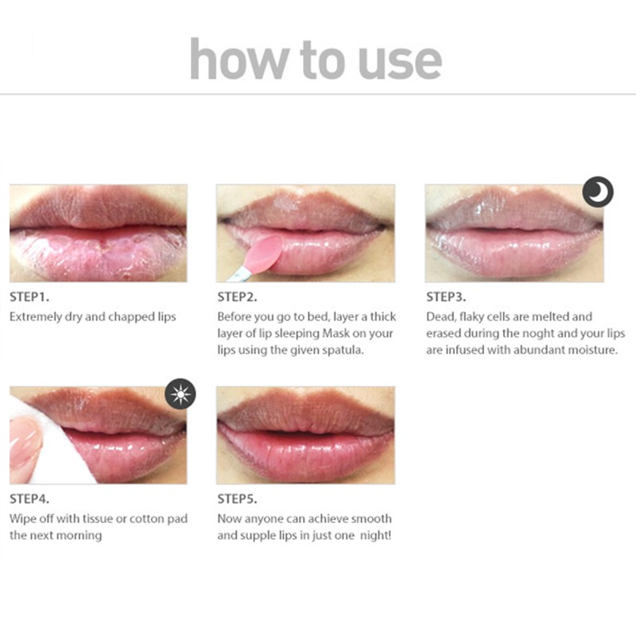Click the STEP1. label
click(29, 298)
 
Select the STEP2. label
click(238, 298)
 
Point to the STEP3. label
click(446, 298)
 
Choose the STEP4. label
click(29, 499)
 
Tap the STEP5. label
click(238, 499)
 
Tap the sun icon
click(180, 394)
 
